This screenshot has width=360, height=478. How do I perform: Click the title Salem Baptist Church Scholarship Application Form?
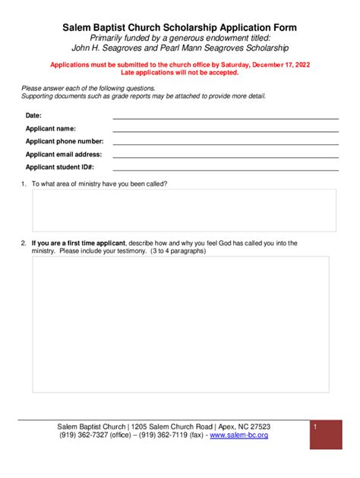point(179,27)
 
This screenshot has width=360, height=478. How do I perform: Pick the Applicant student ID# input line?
point(226,168)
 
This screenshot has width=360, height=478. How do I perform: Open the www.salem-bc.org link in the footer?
point(238,436)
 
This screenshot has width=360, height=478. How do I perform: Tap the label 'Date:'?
point(33,115)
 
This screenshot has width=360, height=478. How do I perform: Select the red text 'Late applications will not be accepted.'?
point(179,73)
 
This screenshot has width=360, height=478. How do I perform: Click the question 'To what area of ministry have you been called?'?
point(99,184)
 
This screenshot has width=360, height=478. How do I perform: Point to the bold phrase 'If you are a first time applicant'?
point(79,243)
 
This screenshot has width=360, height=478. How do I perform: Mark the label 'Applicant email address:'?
point(64,154)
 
